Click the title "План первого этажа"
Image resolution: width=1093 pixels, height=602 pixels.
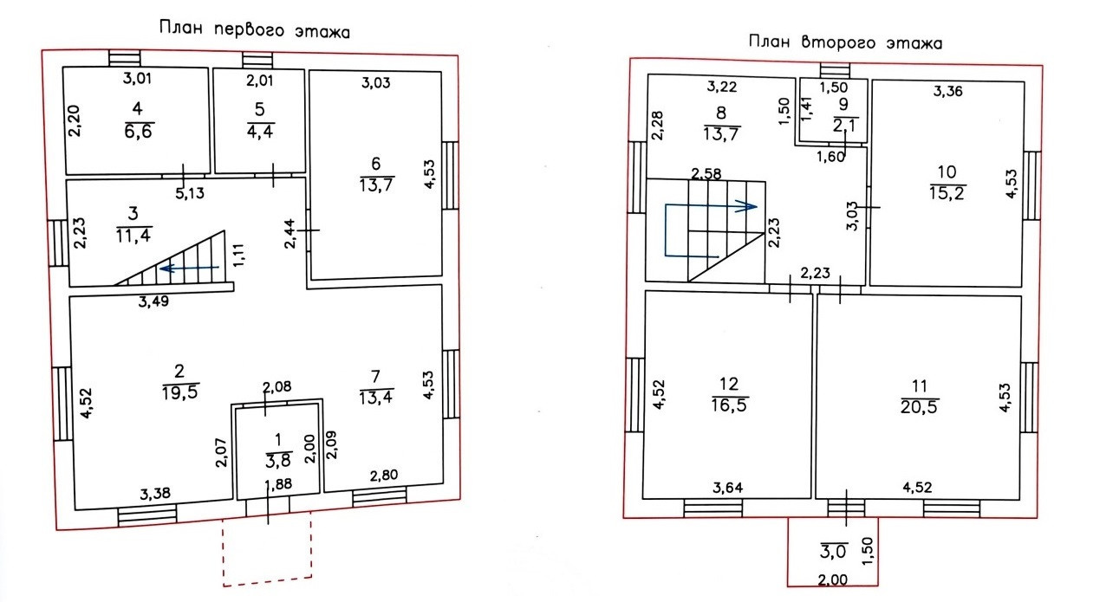point(254,29)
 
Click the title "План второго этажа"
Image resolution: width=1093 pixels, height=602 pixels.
point(845,42)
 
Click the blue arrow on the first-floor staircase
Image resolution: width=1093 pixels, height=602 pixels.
point(191,269)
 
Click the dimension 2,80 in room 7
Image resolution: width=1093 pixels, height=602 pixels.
point(384,476)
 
